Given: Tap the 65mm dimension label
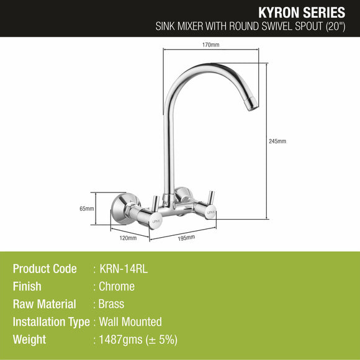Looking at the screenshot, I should click(86, 209).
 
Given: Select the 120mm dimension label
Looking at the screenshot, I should click(128, 238).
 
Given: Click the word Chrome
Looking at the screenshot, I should click(117, 287).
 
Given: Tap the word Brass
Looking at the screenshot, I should click(112, 304).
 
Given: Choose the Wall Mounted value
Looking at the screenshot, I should click(130, 322).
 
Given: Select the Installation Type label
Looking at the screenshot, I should click(51, 322).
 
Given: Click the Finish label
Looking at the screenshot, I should click(27, 287).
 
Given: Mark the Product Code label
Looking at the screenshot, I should click(45, 269).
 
